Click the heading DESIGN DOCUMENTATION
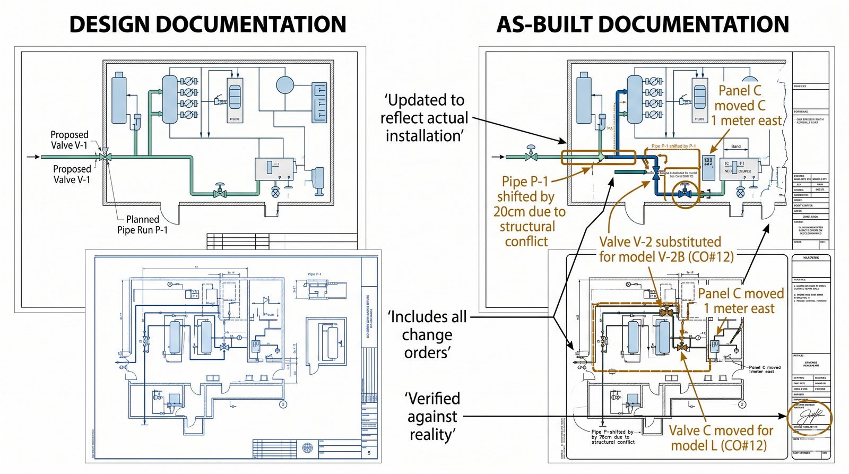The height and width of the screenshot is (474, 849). (x=207, y=24)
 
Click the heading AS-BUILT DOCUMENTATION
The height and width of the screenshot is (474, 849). (x=643, y=24)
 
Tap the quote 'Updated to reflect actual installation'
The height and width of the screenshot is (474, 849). (x=424, y=118)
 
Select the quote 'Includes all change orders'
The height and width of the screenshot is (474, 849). (x=427, y=334)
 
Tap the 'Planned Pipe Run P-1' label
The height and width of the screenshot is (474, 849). (x=142, y=225)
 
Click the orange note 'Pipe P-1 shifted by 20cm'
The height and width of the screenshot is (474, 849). (x=529, y=211)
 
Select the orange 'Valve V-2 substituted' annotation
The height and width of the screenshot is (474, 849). (x=666, y=249)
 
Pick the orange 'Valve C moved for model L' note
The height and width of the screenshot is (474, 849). (x=720, y=437)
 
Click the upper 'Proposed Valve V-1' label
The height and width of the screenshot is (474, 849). (x=69, y=140)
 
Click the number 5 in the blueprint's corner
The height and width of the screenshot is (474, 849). (x=369, y=453)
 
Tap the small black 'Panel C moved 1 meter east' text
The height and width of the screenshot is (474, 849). (x=764, y=369)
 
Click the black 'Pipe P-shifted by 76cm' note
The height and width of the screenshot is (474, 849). (x=613, y=437)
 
